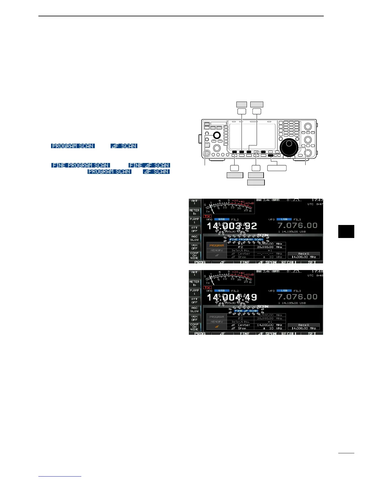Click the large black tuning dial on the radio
coord(289,148)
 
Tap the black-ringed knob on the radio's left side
coord(216,135)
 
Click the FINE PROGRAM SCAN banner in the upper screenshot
coord(246,239)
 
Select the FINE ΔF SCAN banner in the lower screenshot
coord(246,311)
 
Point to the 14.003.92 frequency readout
coord(232,226)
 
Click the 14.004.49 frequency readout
coord(232,297)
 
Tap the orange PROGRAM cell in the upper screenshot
coord(217,245)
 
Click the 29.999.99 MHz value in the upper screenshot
coord(270,247)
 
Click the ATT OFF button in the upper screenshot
coord(194,229)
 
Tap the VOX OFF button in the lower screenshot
coord(194,318)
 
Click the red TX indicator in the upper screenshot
coord(207,216)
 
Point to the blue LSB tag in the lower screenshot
coord(284,291)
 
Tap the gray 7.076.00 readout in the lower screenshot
coord(297,297)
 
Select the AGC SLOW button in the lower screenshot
coord(194,309)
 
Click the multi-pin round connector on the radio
coord(207,153)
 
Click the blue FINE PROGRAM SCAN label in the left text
coord(80,165)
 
